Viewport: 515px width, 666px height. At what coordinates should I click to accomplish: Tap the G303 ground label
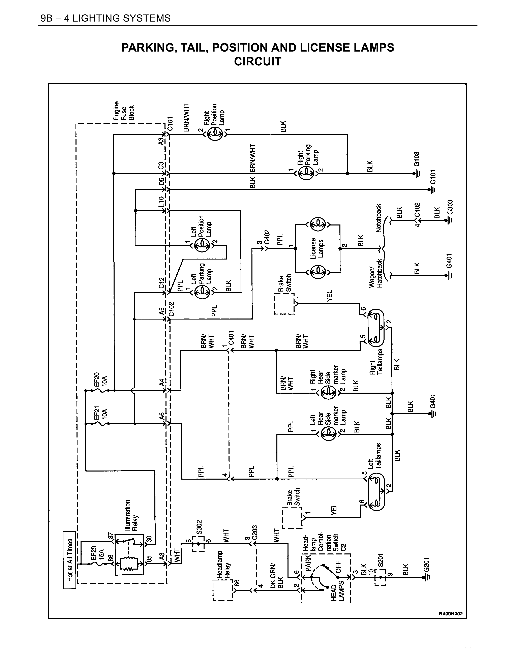click(x=450, y=207)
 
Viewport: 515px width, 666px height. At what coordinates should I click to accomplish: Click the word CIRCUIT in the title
click(x=257, y=62)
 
